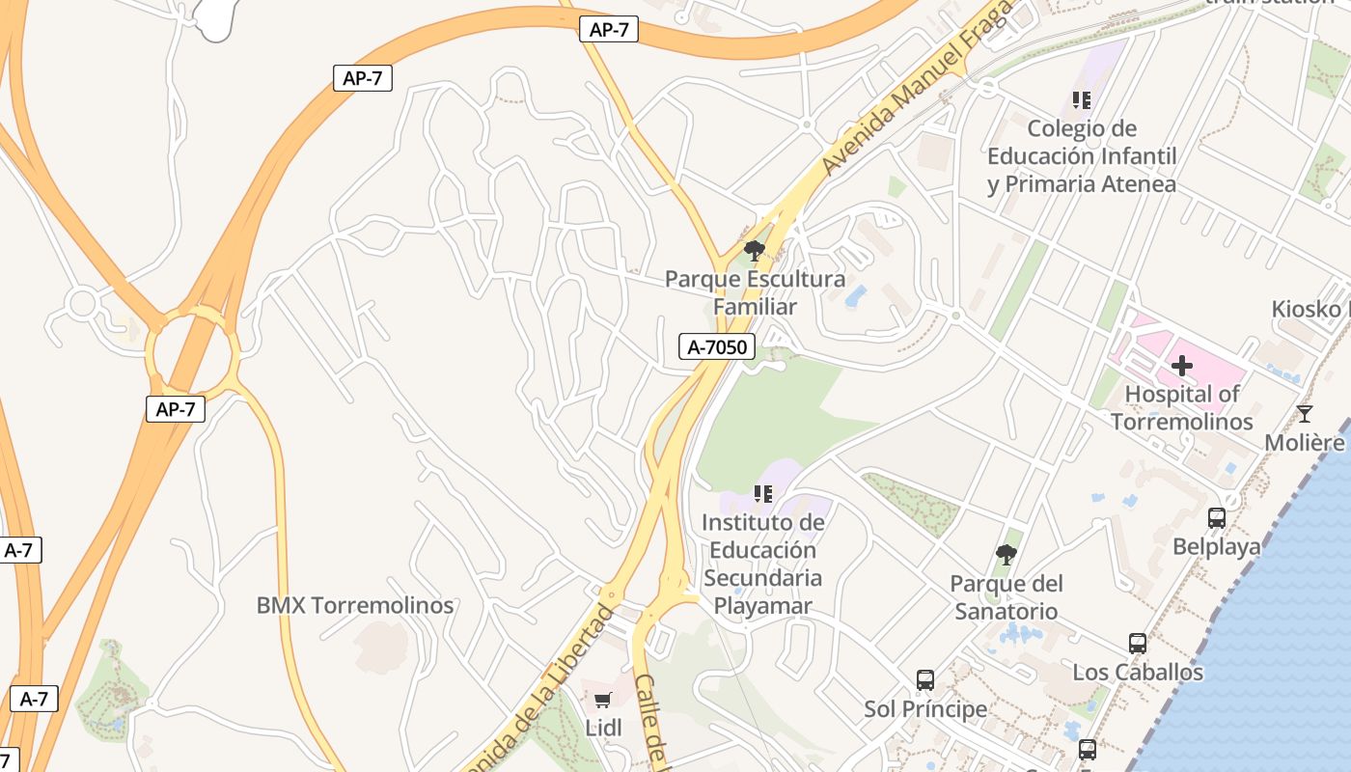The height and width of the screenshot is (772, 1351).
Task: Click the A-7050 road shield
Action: (716, 347)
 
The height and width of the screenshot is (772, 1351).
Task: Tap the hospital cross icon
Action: (1182, 366)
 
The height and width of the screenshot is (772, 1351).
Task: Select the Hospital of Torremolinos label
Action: (1182, 408)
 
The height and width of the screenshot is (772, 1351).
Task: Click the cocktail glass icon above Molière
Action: (1305, 414)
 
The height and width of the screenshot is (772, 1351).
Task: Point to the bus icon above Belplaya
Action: (1217, 518)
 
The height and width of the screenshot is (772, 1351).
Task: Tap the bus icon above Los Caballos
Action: (1138, 644)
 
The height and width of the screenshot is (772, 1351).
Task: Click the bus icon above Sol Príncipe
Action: (925, 680)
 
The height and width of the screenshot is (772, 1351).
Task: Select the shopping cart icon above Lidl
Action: (603, 700)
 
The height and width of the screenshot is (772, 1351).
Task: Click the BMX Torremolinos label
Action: (355, 606)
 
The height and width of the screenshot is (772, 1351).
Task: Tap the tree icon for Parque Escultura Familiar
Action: (755, 251)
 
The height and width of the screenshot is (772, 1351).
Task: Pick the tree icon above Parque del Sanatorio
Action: (1006, 555)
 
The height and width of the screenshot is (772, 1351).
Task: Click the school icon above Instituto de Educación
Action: (763, 494)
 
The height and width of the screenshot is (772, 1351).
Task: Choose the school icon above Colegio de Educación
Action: (1082, 99)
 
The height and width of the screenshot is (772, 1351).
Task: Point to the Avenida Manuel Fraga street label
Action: (916, 88)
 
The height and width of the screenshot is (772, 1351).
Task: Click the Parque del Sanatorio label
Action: (1006, 597)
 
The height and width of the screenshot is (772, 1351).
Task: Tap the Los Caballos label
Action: (1139, 673)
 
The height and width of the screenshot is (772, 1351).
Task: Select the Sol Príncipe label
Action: (925, 709)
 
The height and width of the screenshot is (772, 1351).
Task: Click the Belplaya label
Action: (1217, 547)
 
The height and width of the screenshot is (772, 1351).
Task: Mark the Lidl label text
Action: (603, 729)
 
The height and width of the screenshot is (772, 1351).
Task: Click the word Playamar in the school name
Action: (762, 606)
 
